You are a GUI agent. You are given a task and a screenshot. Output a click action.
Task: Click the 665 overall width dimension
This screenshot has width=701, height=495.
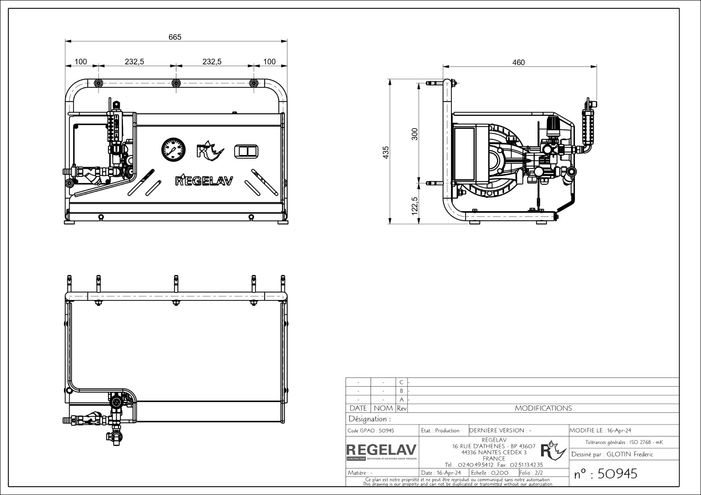click(175, 37)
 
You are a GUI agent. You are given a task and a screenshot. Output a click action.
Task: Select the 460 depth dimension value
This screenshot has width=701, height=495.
click(519, 63)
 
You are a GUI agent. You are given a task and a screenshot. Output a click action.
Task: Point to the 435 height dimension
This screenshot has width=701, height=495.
click(386, 152)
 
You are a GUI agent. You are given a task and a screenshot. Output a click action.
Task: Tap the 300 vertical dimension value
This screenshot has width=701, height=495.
click(415, 134)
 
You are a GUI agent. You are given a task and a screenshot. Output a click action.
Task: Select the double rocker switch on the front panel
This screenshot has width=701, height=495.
click(246, 151)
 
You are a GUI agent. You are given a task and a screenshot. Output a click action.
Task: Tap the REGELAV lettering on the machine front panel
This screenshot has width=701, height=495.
click(204, 181)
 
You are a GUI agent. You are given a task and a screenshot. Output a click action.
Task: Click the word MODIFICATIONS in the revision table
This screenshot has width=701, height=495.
click(543, 408)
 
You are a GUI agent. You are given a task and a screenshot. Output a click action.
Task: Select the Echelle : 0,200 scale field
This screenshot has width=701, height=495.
click(490, 473)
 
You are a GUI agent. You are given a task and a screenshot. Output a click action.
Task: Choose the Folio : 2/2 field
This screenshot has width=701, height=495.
click(531, 473)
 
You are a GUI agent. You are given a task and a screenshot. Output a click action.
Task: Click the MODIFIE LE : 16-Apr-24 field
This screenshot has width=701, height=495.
click(600, 431)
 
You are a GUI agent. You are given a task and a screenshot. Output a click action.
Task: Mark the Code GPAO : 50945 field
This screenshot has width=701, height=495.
click(371, 431)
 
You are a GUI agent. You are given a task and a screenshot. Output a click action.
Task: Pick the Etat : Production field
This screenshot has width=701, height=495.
click(440, 431)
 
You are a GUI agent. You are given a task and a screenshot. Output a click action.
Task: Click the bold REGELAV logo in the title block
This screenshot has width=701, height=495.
click(382, 450)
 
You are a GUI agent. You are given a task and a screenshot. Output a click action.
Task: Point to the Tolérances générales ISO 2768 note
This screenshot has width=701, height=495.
click(624, 442)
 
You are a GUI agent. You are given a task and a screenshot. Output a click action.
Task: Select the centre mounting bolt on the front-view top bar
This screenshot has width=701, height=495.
click(176, 84)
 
